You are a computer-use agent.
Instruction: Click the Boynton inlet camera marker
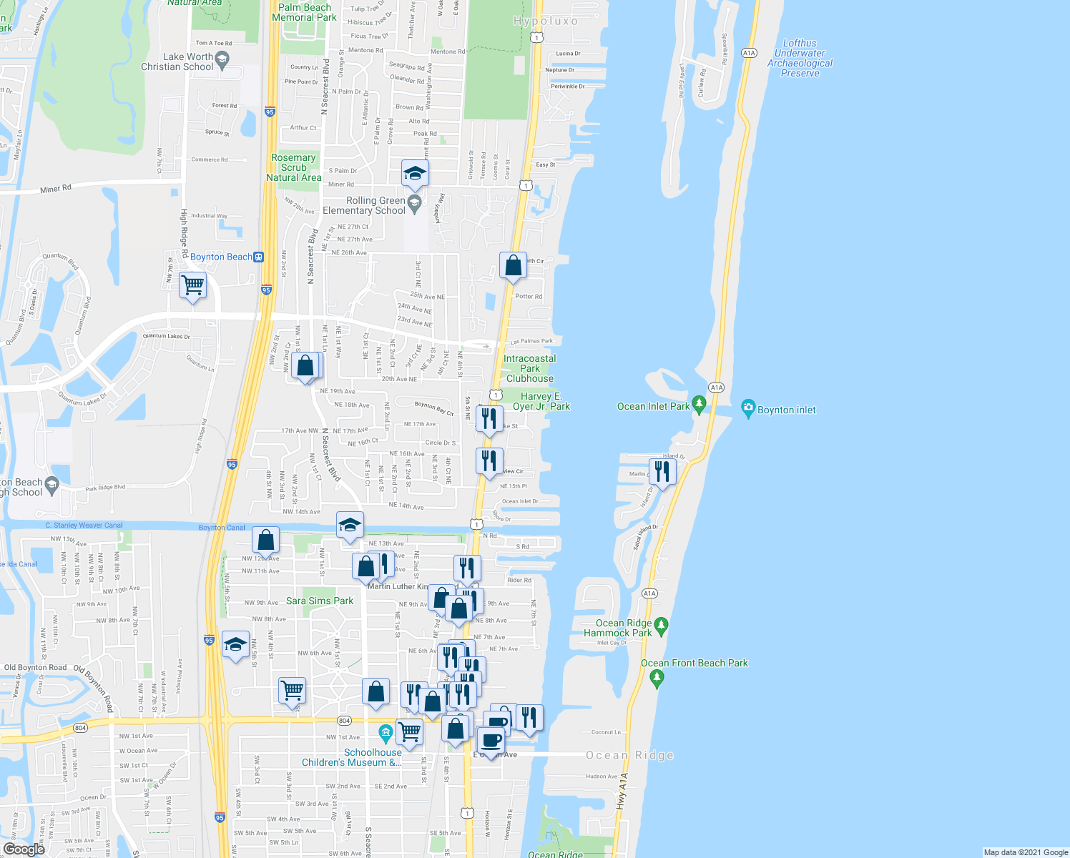748,409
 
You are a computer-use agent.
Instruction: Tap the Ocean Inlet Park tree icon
700,405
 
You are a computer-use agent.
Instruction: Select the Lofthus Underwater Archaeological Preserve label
800,59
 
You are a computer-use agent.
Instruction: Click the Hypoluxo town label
545,21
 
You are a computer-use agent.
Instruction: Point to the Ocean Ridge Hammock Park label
618,628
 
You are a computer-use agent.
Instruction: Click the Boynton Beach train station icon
259,257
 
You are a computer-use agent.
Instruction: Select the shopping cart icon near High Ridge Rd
192,285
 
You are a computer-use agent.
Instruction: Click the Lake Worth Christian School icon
222,60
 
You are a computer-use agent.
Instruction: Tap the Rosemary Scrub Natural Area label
293,167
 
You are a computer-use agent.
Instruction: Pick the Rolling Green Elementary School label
365,206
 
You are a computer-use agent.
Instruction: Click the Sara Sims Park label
320,601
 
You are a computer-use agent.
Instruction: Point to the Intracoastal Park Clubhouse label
530,369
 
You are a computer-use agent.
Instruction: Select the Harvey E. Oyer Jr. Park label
541,401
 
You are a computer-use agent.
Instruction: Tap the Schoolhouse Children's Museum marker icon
386,733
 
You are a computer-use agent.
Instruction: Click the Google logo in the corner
24,849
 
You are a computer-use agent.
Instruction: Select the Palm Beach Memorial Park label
305,13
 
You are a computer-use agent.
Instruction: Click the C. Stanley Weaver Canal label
84,526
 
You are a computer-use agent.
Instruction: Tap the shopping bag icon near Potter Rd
514,266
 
